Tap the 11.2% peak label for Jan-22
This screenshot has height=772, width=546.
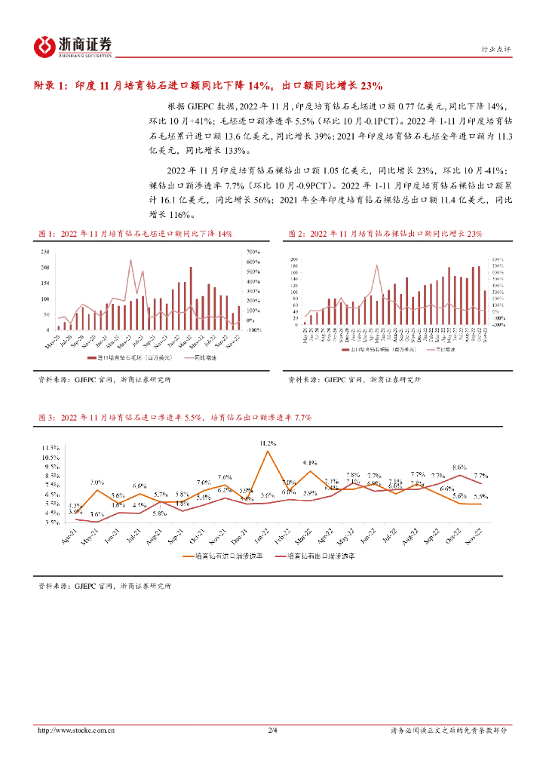click(268, 443)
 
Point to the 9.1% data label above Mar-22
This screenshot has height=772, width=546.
click(310, 462)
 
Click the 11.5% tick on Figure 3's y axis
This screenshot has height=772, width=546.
click(51, 449)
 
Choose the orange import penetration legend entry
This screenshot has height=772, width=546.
click(219, 556)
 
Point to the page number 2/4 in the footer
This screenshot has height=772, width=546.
click(272, 730)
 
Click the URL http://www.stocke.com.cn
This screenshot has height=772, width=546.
click(76, 730)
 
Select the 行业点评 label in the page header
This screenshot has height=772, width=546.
click(495, 49)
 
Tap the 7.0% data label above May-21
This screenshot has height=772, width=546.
click(97, 482)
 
